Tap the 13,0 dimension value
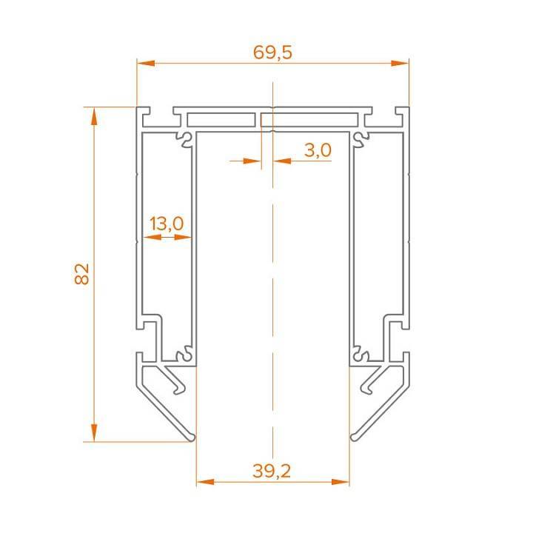(x=166, y=223)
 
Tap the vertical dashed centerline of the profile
(x=273, y=296)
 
